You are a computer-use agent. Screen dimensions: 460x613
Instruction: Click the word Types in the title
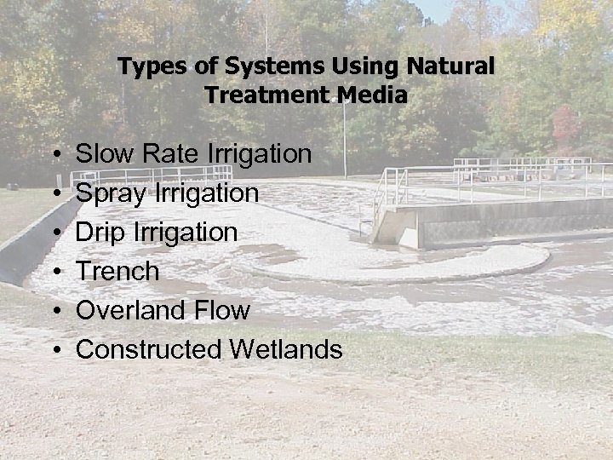pos(146,66)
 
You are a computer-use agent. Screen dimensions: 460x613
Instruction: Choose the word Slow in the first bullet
pos(100,154)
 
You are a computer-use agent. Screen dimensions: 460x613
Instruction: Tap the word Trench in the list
pos(117,272)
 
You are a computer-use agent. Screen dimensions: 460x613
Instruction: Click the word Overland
pos(130,311)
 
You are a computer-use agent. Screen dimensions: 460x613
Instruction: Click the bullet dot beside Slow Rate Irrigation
pos(54,155)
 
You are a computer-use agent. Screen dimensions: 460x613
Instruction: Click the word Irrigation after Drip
pos(187,233)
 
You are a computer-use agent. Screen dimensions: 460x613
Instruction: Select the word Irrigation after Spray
pos(208,193)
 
